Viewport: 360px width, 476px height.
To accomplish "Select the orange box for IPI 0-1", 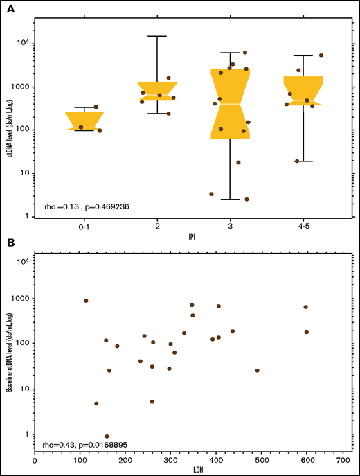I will [85, 121].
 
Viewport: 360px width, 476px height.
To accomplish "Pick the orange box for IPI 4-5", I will [303, 90].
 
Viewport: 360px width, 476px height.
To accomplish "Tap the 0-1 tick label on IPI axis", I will [84, 227].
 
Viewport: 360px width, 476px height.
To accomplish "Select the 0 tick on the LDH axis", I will [35, 459].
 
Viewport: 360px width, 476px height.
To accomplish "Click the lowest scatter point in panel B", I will [107, 437].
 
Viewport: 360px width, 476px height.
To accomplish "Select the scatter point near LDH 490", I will [257, 371].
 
